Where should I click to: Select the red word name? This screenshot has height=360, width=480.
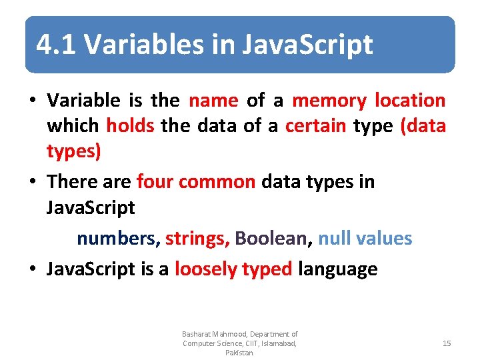(213, 101)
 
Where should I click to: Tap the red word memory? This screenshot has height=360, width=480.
(329, 101)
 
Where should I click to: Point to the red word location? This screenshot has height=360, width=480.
(410, 101)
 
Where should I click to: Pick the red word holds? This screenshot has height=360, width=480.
(130, 126)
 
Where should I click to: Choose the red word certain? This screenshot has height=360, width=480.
(314, 126)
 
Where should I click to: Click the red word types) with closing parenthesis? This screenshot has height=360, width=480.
(73, 152)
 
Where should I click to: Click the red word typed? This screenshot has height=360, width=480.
(267, 269)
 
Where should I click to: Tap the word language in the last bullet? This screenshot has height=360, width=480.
(337, 269)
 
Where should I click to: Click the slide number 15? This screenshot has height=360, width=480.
(447, 343)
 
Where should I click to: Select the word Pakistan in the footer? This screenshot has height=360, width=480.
(239, 353)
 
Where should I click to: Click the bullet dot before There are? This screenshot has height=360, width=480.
(32, 182)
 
